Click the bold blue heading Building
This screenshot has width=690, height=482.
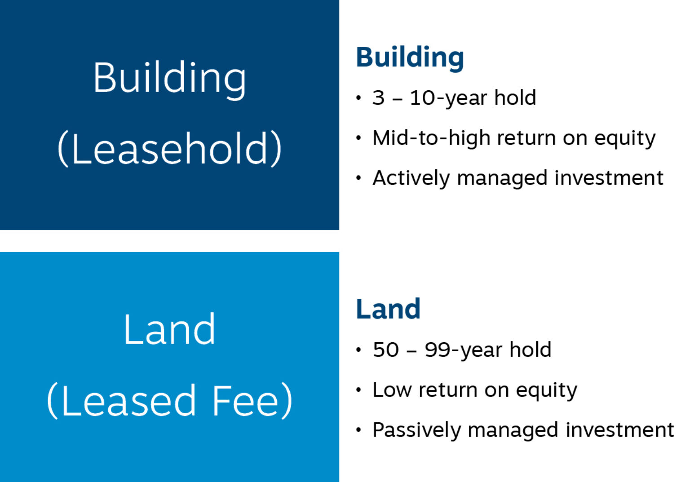pos(409,57)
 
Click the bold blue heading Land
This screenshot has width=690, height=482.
pos(388,309)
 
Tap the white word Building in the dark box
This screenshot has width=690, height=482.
pos(169,79)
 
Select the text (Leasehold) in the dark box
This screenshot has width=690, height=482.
pos(169,149)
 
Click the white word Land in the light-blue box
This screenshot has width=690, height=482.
pos(169,330)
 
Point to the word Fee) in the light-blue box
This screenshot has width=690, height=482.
pos(252,401)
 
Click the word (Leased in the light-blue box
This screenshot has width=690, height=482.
pos(122,401)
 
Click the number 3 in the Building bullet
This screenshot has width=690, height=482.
pos(378,98)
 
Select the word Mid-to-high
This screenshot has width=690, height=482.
pos(431,138)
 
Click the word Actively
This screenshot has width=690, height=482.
pos(411,178)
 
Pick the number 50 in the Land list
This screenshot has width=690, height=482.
pos(385,350)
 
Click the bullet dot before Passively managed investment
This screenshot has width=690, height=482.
pos(358,430)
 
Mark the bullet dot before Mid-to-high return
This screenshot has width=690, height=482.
pos(358,138)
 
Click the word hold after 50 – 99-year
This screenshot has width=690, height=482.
pos(530,350)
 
